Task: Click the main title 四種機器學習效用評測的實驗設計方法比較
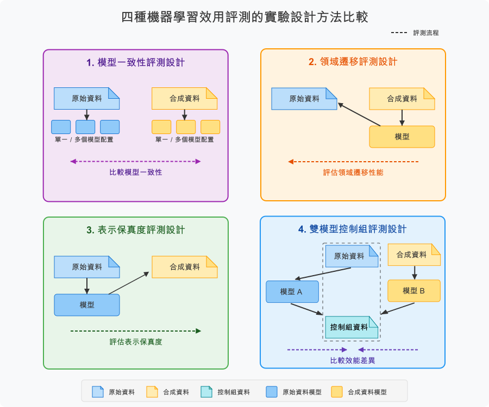pyautogui.click(x=244, y=17)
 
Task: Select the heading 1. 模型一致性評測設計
pyautogui.click(x=136, y=62)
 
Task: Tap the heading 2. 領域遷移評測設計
pyautogui.click(x=353, y=62)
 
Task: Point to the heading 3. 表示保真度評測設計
pyautogui.click(x=136, y=230)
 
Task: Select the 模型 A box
pyautogui.click(x=292, y=291)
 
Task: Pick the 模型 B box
pyautogui.click(x=413, y=291)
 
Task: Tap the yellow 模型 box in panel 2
pyautogui.click(x=402, y=137)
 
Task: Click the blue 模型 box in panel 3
pyautogui.click(x=87, y=305)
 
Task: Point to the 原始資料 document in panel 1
pyautogui.click(x=87, y=99)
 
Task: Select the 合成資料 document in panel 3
pyautogui.click(x=185, y=267)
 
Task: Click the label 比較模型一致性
pyautogui.click(x=136, y=172)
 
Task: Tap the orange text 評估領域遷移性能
pyautogui.click(x=353, y=172)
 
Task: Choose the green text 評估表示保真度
pyautogui.click(x=136, y=341)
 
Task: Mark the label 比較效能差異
pyautogui.click(x=353, y=360)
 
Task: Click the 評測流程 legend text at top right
pyautogui.click(x=426, y=33)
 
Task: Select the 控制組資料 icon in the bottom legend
pyautogui.click(x=206, y=392)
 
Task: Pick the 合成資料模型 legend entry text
pyautogui.click(x=367, y=392)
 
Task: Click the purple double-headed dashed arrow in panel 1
pyautogui.click(x=136, y=161)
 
